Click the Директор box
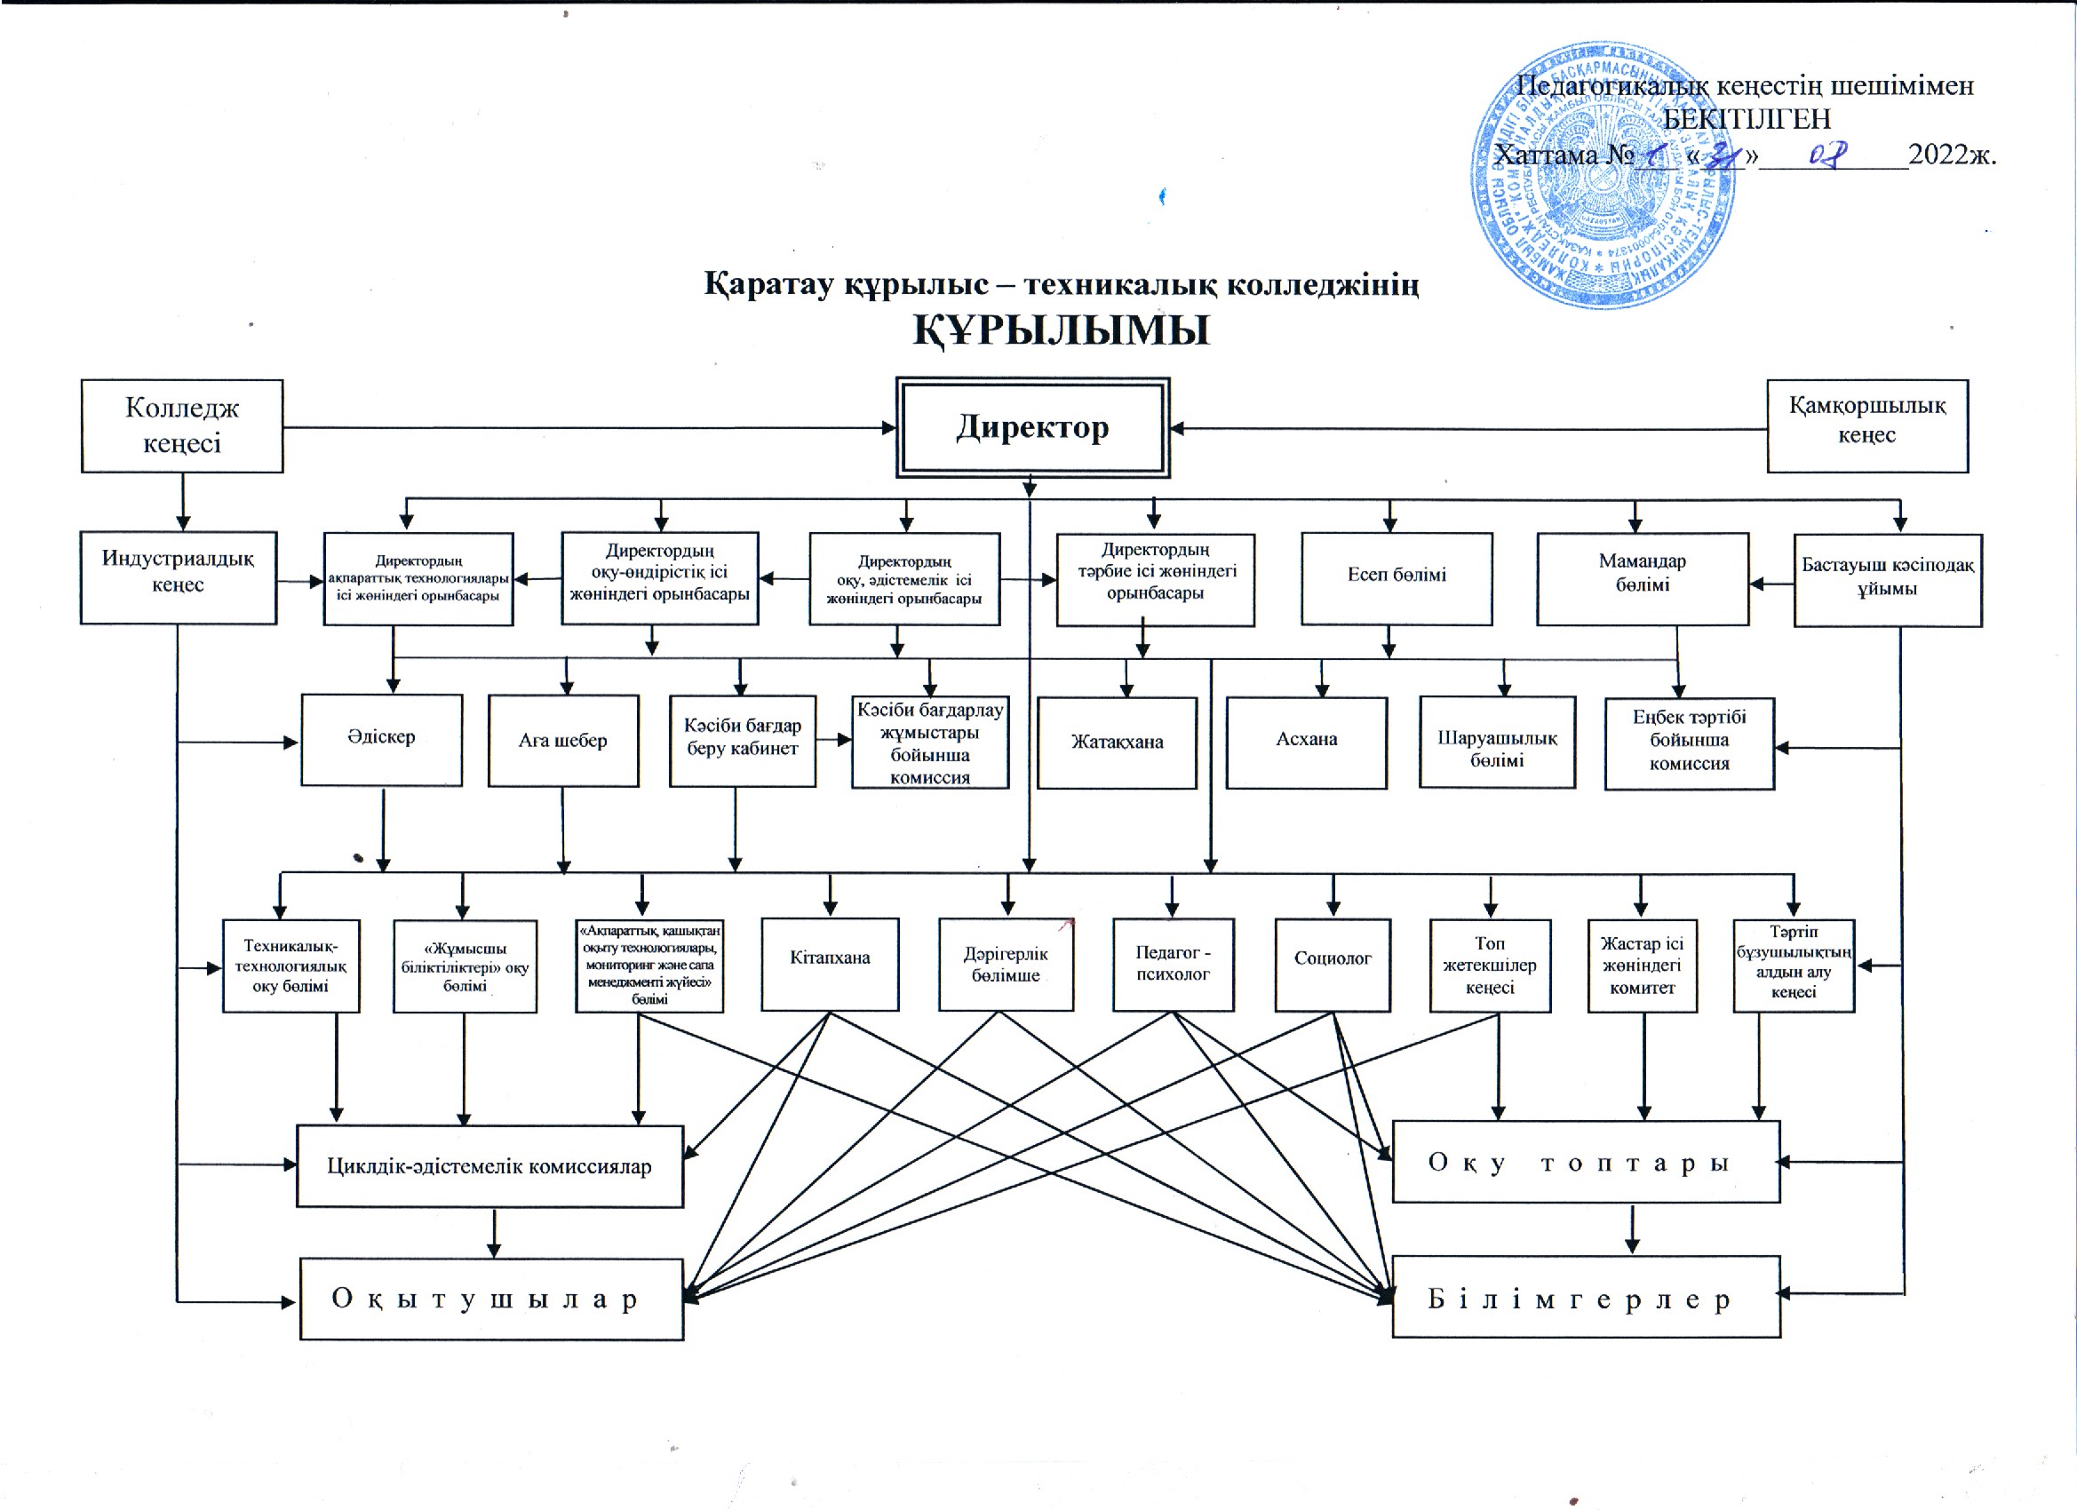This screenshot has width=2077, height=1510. [x=1032, y=427]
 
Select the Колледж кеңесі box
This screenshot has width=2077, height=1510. [x=182, y=425]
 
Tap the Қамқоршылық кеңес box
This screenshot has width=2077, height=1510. [x=1867, y=425]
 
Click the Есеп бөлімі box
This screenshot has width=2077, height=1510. [x=1397, y=578]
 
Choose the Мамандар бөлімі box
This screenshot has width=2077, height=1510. [x=1643, y=578]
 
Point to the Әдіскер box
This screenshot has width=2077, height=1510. [x=381, y=739]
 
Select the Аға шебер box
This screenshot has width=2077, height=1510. [x=563, y=740]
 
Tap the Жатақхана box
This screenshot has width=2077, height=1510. [x=1118, y=742]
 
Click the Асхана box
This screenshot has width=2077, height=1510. [x=1307, y=741]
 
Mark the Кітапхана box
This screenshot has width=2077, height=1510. [x=830, y=964]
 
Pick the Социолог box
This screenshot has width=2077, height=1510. [x=1333, y=965]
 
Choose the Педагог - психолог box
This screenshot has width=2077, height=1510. [x=1174, y=965]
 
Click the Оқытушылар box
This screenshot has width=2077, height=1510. [x=492, y=1299]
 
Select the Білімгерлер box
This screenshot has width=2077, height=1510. [x=1586, y=1297]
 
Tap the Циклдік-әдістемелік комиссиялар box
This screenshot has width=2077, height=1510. [x=490, y=1165]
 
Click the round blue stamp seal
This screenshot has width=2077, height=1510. [x=1603, y=174]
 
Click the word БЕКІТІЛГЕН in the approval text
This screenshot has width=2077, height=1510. [x=1747, y=119]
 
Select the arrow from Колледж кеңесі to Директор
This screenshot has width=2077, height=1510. [x=586, y=427]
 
